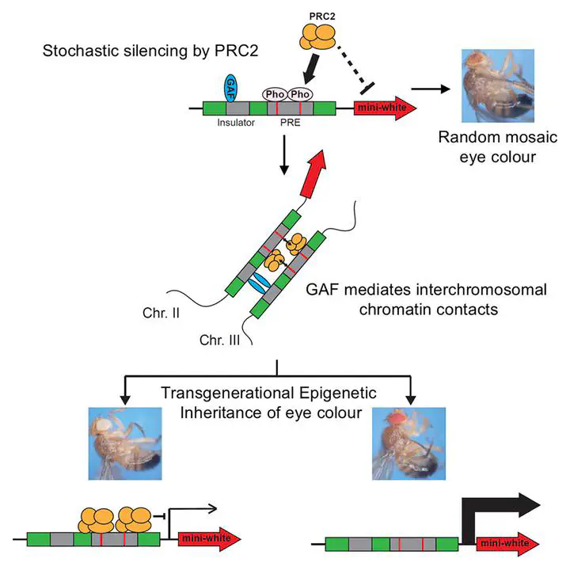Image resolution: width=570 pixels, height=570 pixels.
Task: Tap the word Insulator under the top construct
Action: (x=234, y=123)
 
